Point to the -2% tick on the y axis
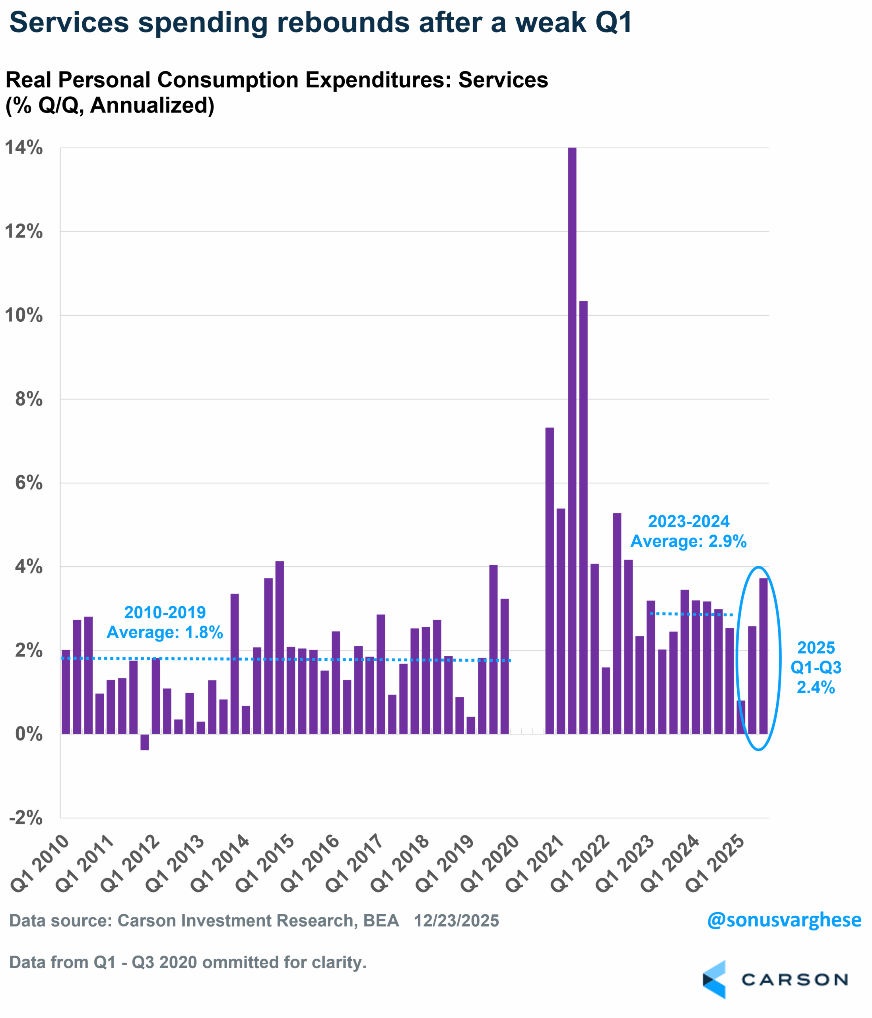25,818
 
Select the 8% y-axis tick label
29,399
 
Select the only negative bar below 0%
144,742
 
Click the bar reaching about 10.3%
583,516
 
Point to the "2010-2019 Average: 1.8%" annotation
165,622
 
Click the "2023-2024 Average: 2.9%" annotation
688,531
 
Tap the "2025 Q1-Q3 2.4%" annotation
816,667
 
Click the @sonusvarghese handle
784,920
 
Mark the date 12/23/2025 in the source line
456,920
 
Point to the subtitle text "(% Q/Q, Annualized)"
110,105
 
